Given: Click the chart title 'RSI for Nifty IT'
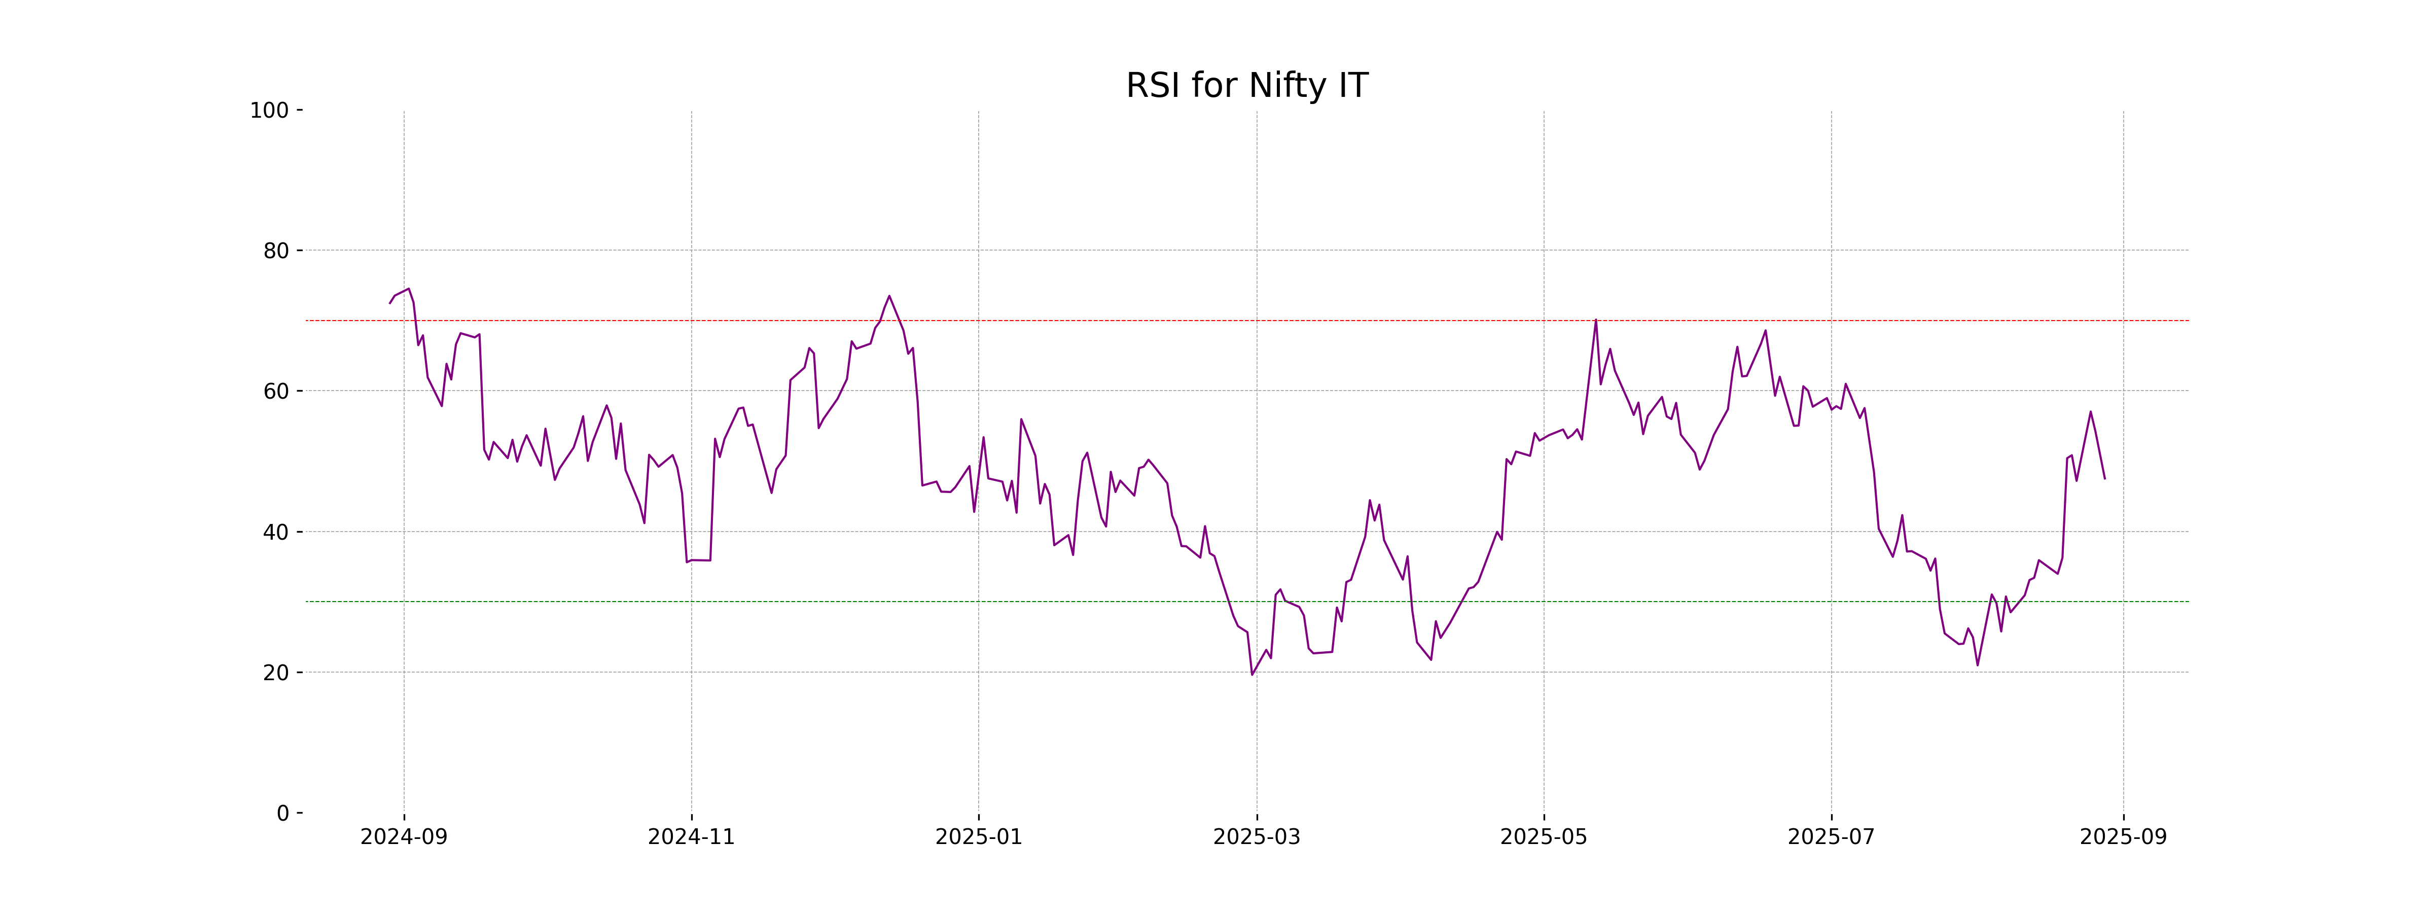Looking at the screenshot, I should click(x=1246, y=86).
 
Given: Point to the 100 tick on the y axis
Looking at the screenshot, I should click(x=269, y=111).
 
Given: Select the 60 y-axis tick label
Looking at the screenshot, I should click(x=276, y=391).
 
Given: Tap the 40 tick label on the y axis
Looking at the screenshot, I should click(x=276, y=532).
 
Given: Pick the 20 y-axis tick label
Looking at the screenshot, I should click(x=276, y=673).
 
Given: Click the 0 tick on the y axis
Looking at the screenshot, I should click(x=282, y=813).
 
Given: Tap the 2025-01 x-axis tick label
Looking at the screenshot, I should click(x=978, y=837).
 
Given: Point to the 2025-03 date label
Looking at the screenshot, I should click(x=1257, y=837).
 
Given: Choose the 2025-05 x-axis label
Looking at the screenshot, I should click(x=1544, y=837).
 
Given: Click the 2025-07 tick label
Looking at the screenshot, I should click(x=1831, y=837).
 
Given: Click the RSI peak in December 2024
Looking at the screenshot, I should click(x=889, y=296).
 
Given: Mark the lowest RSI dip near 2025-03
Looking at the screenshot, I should click(x=1252, y=675).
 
